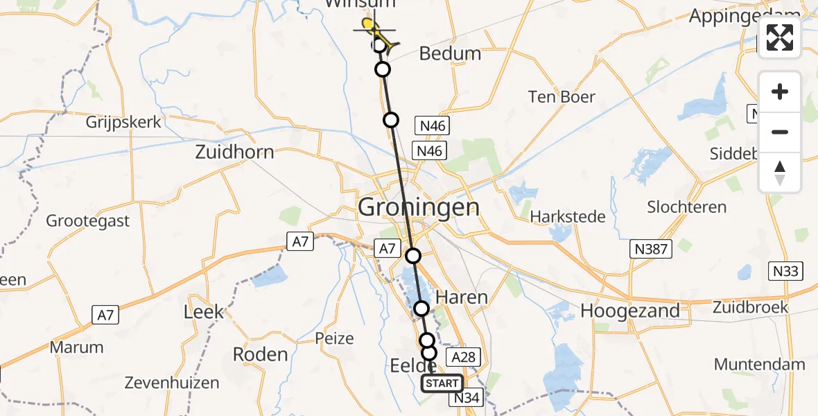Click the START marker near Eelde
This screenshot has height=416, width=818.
pyautogui.click(x=442, y=383)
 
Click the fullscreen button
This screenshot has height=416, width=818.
pyautogui.click(x=780, y=37)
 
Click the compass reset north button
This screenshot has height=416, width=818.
pyautogui.click(x=780, y=173)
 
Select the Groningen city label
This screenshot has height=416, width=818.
pyautogui.click(x=419, y=207)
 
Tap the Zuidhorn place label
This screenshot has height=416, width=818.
pyautogui.click(x=234, y=152)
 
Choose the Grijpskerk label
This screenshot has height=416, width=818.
pyautogui.click(x=124, y=123)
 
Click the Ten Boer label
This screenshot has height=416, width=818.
pyautogui.click(x=562, y=97)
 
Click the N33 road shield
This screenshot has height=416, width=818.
pyautogui.click(x=785, y=271)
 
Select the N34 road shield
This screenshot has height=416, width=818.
pyautogui.click(x=467, y=399)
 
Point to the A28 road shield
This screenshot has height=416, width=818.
pyautogui.click(x=462, y=356)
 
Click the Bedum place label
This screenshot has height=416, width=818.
pyautogui.click(x=450, y=53)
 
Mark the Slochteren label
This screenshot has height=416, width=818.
pyautogui.click(x=686, y=207)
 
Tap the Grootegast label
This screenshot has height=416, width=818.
pyautogui.click(x=88, y=221)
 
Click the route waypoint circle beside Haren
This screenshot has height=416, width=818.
pyautogui.click(x=421, y=309)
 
